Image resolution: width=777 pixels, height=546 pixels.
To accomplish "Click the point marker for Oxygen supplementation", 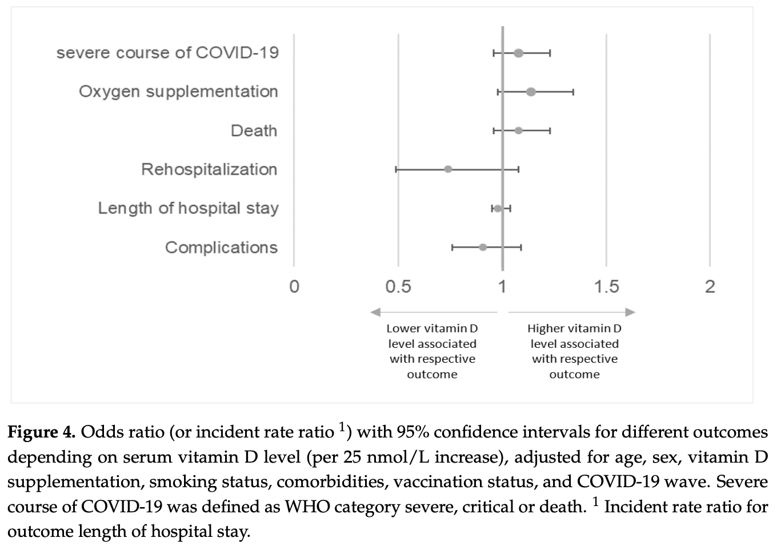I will point(531,92).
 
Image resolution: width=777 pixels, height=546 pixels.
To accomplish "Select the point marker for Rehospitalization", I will point(448,169).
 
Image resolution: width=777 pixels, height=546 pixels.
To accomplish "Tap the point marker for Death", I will point(518,131).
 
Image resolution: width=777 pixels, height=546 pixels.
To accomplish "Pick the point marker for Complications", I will point(483,247).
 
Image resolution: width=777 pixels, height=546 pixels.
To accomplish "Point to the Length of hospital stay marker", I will point(498,208).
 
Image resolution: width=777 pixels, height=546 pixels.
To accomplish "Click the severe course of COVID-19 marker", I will point(518,53).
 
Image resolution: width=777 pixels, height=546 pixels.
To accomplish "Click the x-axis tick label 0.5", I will point(398,286).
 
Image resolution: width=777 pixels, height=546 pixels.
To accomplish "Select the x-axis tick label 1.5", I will point(606,286).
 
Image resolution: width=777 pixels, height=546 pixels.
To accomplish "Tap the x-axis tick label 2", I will point(710,286).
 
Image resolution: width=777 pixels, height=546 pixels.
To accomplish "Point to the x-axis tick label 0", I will point(294,286).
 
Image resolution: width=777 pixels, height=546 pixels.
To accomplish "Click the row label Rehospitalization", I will point(209,170).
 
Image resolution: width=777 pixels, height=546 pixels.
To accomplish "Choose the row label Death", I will point(254,131).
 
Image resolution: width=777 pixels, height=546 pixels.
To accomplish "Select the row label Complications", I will point(221,247).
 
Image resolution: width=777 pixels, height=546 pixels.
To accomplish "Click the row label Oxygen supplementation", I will point(178,92).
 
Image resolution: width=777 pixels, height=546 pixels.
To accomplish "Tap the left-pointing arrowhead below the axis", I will point(375,312).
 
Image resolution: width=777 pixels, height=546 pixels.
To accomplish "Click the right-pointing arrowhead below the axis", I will point(630,312).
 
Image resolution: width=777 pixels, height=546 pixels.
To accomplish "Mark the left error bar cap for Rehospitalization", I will point(396,169).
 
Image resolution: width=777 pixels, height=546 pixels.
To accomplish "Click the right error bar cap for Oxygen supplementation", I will point(573,92).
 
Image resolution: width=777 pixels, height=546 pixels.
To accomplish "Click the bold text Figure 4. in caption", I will point(41,432).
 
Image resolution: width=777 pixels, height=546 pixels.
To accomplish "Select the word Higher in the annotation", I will point(546,328).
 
